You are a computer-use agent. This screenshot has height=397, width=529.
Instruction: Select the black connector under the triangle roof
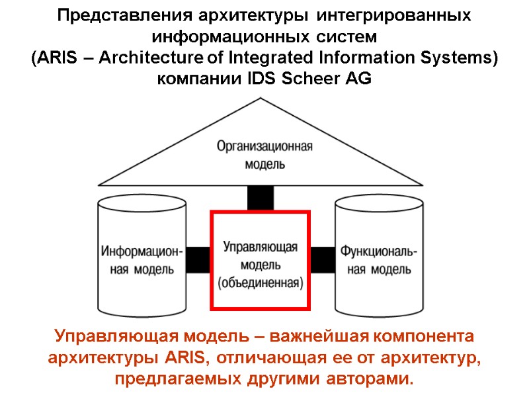(260, 198)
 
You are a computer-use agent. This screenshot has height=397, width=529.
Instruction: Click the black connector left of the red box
(198, 259)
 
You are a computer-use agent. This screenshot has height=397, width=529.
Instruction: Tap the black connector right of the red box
(323, 259)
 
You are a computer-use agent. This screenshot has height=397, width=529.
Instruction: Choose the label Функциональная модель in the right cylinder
(378, 261)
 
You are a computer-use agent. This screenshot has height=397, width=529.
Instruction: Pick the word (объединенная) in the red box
(260, 283)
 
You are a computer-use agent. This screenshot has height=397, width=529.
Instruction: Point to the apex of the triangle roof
(261, 98)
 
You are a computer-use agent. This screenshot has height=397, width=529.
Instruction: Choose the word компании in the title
(194, 79)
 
